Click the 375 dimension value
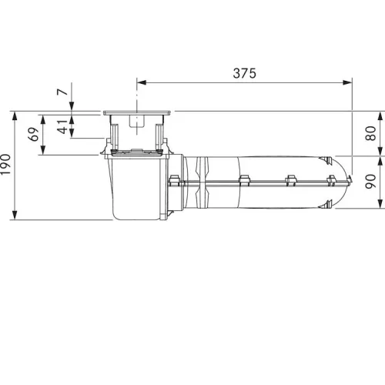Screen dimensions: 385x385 click(244, 73)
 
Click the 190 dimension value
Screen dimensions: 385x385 click(5, 165)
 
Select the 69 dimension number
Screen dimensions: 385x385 click(34, 134)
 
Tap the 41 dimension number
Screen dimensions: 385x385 click(62, 126)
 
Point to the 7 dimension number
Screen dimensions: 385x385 click(62, 92)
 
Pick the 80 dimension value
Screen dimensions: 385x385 click(370, 133)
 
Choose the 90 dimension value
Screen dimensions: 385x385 click(370, 182)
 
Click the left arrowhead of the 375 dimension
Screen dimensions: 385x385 click(142, 82)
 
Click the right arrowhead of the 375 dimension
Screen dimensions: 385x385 click(347, 82)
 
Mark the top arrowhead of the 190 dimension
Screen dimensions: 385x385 click(15, 116)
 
